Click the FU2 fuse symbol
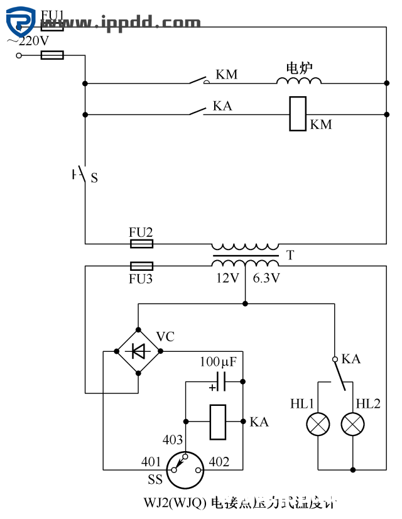[141, 243]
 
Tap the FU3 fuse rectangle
[141, 266]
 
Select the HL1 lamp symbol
[317, 425]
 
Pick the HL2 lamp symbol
[352, 425]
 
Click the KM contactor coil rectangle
[298, 114]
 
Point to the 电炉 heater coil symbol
[299, 80]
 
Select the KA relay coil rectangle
[217, 422]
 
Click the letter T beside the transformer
[290, 256]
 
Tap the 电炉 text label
[300, 67]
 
